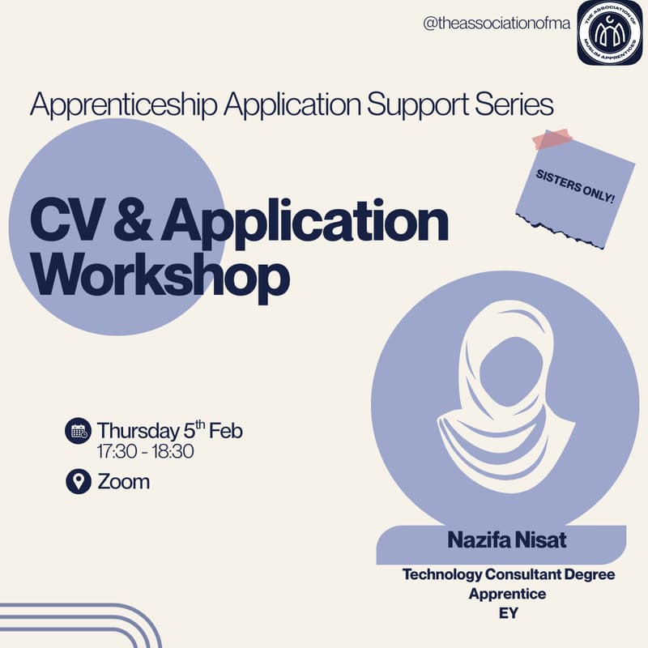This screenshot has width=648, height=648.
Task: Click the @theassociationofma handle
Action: coord(497,23)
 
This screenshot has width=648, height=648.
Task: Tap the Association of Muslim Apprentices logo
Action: coord(609,32)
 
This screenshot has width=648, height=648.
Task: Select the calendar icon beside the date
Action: coord(78,431)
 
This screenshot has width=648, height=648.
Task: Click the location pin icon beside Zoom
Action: coord(78,481)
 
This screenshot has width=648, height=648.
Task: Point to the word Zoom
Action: coord(123,481)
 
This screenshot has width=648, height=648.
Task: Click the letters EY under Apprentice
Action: coord(508,613)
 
